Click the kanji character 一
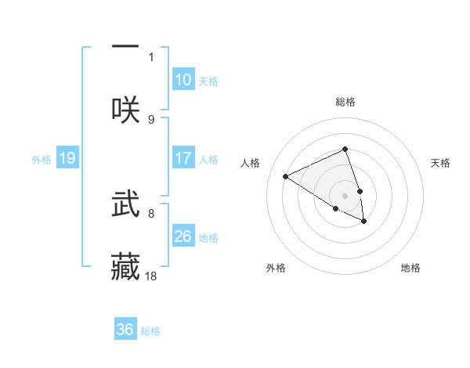click(125, 47)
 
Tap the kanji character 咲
click(125, 110)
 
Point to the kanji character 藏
click(125, 266)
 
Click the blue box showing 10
click(183, 80)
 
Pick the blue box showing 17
click(183, 158)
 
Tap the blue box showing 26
click(183, 236)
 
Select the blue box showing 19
click(67, 159)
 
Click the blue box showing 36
click(125, 330)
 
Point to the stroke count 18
click(152, 276)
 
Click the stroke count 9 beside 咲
click(151, 119)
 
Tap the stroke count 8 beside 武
click(151, 212)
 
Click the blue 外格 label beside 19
click(42, 160)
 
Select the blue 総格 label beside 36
click(150, 331)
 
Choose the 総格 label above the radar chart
click(345, 102)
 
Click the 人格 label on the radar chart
click(251, 163)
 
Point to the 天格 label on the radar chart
click(440, 163)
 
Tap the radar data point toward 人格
click(286, 177)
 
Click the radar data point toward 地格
click(364, 222)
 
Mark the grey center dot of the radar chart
click(345, 195)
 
